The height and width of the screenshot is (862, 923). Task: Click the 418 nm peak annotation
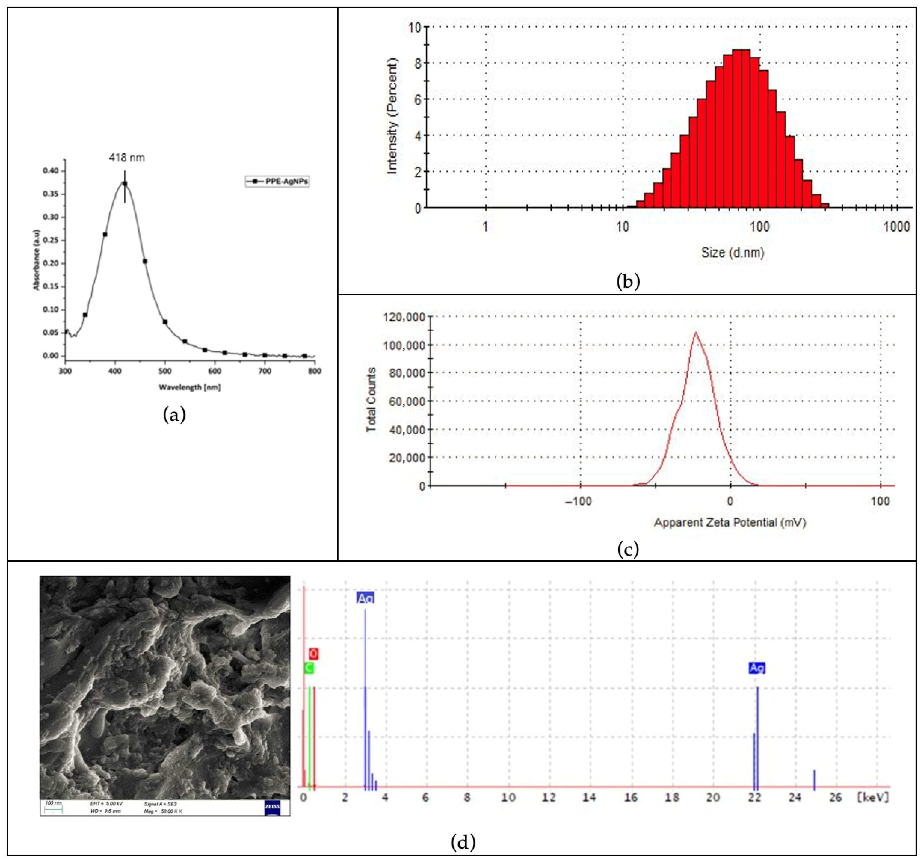click(x=127, y=158)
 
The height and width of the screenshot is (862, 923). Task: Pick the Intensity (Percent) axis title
click(x=392, y=116)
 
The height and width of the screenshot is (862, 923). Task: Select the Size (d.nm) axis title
click(x=732, y=253)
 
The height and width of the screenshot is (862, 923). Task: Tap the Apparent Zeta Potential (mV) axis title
click(x=730, y=522)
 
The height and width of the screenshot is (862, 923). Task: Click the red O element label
click(x=313, y=654)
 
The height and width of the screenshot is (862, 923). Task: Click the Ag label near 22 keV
click(x=757, y=668)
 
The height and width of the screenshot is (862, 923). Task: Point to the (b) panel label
click(x=628, y=281)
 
